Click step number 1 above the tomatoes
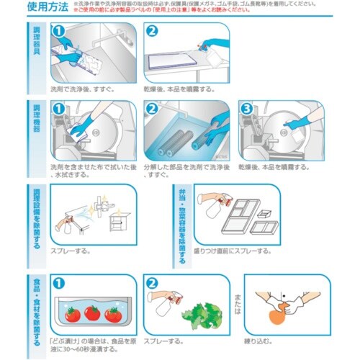(x=60, y=282)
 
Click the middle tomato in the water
(x=92, y=312)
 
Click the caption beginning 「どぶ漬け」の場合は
(x=91, y=342)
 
